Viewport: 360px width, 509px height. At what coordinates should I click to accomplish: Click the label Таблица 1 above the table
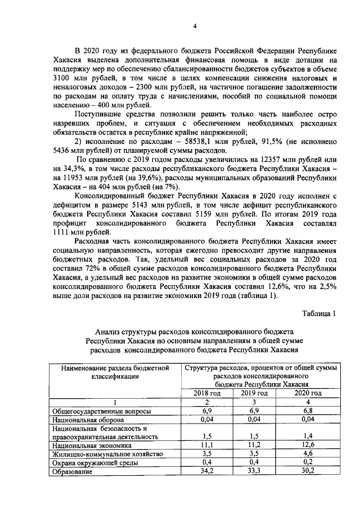[x=320, y=313]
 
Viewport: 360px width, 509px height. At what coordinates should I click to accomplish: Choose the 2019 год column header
[x=254, y=393]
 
